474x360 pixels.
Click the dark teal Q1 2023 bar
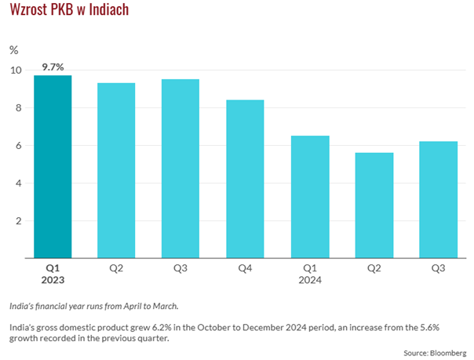[53, 166]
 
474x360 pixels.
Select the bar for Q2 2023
[116, 170]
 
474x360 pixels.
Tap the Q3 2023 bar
[180, 169]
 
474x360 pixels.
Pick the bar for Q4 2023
[245, 179]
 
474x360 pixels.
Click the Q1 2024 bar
[310, 197]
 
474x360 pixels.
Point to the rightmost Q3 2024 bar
[438, 200]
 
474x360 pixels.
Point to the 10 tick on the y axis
[16, 70]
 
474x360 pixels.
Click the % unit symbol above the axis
[13, 49]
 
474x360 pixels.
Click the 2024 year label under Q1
[310, 279]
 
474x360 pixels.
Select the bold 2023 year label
[53, 279]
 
